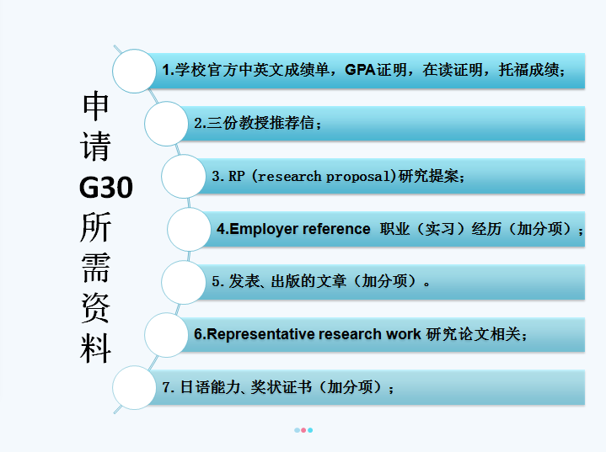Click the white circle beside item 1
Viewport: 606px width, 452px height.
click(134, 71)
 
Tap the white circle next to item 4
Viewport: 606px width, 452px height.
click(190, 229)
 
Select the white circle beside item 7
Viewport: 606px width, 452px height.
click(134, 387)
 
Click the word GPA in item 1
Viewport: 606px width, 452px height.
click(360, 70)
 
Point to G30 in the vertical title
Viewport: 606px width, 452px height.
click(106, 188)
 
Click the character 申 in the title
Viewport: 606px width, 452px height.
click(95, 106)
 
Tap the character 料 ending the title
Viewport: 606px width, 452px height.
click(95, 348)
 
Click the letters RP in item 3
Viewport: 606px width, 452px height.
click(237, 176)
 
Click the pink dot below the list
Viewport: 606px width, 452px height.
click(303, 430)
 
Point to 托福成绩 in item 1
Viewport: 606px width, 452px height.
click(528, 70)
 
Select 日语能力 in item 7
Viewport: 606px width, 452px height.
click(211, 386)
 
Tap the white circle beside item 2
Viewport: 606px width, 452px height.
click(167, 124)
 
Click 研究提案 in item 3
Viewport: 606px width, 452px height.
click(429, 176)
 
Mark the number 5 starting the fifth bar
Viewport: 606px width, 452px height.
click(215, 281)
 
